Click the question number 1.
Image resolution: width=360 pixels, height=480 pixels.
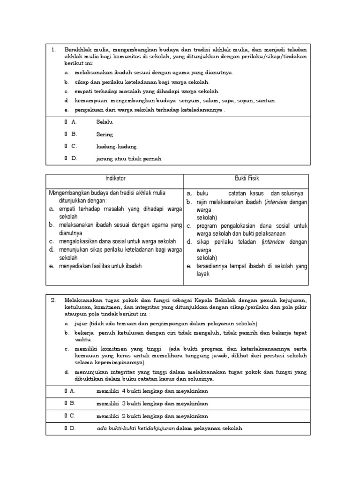pos(53,49)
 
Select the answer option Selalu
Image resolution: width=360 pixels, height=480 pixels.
pos(105,122)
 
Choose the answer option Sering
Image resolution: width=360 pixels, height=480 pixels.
pos(105,134)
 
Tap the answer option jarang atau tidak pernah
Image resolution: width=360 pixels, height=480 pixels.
pos(128,158)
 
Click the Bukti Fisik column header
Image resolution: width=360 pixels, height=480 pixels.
pos(247,179)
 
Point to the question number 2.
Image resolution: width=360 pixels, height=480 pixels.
pos(53,300)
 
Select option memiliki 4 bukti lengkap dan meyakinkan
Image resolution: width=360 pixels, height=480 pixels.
pos(152,391)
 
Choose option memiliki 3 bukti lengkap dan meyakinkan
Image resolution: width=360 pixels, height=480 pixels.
pos(152,403)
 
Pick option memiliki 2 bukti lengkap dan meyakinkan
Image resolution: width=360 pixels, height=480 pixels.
pos(152,416)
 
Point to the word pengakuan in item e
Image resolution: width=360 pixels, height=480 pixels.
pos(89,110)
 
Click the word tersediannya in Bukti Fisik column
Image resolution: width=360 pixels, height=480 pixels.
pos(213,266)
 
